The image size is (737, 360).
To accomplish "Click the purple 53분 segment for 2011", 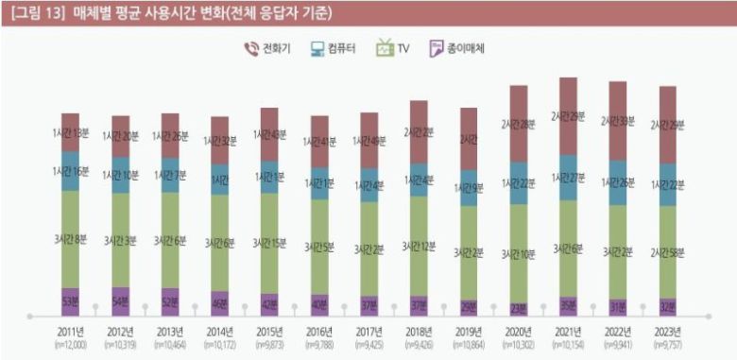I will point(70,301).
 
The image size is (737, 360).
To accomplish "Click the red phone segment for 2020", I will point(520,124).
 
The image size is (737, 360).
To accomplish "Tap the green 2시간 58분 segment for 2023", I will point(667,251).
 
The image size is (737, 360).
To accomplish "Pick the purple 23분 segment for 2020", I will point(520,307).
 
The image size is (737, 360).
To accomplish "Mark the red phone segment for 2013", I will point(170,135).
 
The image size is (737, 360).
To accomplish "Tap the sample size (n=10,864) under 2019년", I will point(468,346).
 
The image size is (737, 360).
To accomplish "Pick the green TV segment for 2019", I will point(468,253).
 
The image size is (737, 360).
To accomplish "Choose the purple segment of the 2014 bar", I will point(219,303).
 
